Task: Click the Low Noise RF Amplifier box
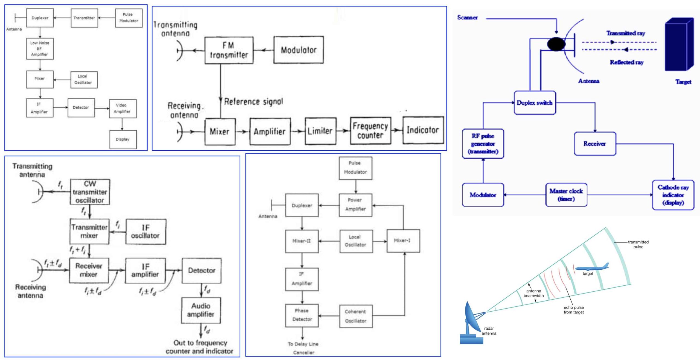coord(40,49)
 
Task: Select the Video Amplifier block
coord(123,109)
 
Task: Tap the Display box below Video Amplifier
coord(123,139)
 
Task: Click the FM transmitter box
coord(229,50)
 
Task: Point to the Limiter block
coord(320,131)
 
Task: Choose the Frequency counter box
coord(371,131)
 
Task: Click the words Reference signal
coord(253,102)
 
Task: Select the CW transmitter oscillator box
coord(90,192)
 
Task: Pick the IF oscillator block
coord(145,232)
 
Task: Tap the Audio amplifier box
coord(201,310)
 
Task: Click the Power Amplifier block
coord(355,205)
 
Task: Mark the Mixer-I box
coord(403,241)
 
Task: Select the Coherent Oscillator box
coord(356,316)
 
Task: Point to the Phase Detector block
coord(302,315)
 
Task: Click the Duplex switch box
coord(535,103)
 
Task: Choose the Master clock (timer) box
coord(566,195)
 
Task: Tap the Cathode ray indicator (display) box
coord(673,195)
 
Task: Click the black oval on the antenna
coord(556,44)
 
